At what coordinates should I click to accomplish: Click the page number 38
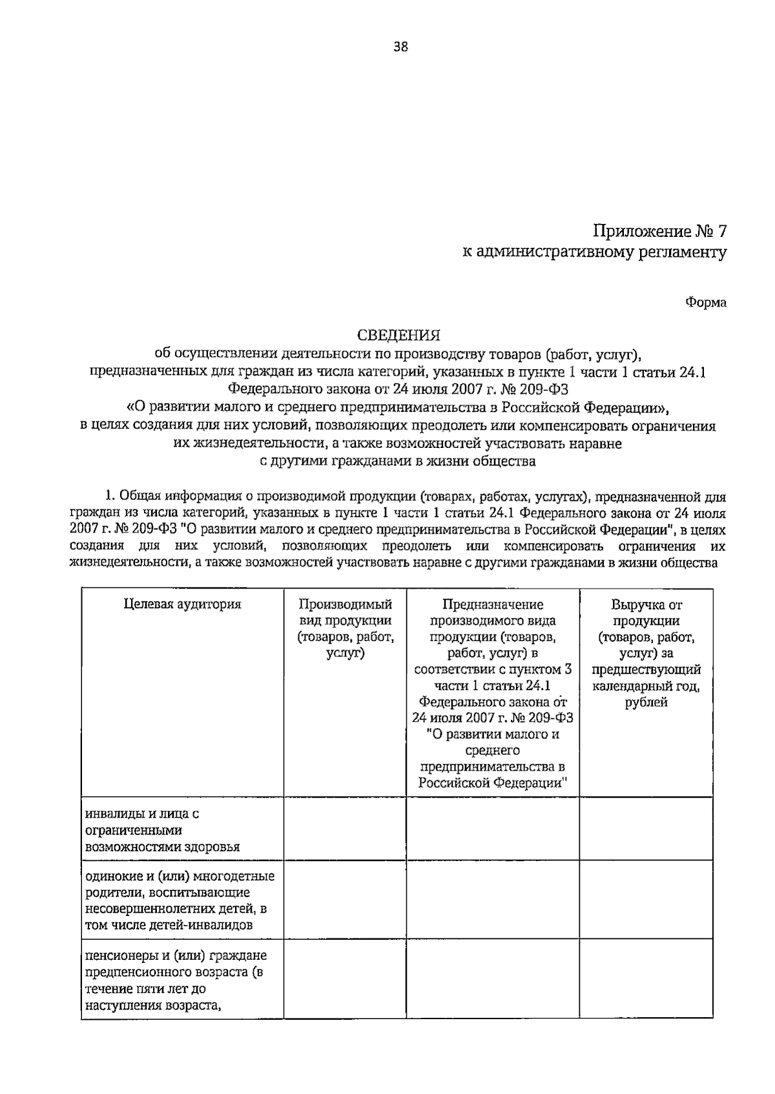(x=400, y=46)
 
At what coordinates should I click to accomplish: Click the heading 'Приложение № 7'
(x=659, y=230)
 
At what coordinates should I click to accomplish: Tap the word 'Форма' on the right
(x=706, y=302)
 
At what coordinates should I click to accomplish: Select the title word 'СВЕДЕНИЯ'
(x=399, y=335)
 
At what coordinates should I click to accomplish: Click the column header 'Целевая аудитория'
(x=182, y=604)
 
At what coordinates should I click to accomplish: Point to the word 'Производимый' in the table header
(x=345, y=604)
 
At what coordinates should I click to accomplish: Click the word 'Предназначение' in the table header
(x=492, y=604)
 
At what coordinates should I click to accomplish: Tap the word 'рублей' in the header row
(x=646, y=702)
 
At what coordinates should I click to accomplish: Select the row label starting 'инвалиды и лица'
(x=142, y=814)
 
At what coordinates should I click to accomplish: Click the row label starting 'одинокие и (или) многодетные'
(x=180, y=876)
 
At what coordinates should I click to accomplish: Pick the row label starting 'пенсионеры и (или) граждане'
(x=176, y=955)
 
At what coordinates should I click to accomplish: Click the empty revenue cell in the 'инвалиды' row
(x=646, y=829)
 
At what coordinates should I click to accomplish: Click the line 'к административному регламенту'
(x=594, y=252)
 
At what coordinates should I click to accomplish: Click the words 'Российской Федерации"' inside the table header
(x=492, y=783)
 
